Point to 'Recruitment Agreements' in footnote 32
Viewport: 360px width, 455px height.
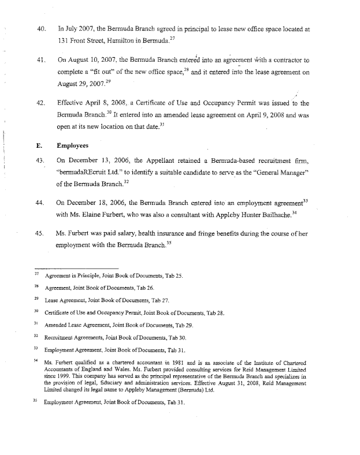tap(73, 337)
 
